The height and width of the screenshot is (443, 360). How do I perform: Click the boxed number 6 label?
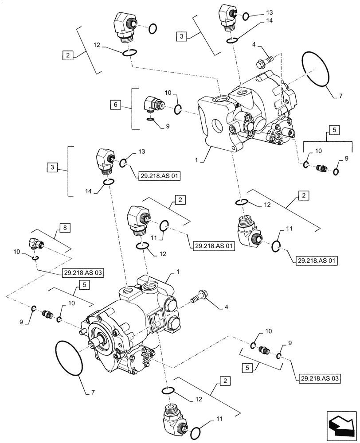[116, 105]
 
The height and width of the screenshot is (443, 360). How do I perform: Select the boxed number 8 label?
[65, 228]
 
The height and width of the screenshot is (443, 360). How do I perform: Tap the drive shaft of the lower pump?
[98, 342]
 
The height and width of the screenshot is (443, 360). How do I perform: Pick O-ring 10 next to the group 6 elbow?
[177, 109]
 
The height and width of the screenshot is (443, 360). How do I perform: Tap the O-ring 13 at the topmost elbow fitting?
[246, 17]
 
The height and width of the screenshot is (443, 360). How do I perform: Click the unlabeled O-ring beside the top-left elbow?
[152, 29]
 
